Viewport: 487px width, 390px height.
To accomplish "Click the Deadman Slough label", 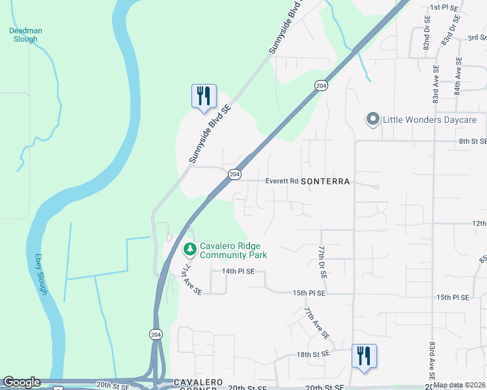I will [24, 34].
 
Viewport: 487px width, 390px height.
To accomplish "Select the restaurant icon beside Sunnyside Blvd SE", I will [203, 96].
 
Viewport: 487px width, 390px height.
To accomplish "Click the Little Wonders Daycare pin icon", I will [372, 120].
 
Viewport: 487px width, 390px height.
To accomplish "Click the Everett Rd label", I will [281, 181].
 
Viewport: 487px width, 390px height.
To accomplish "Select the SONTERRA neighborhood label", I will [326, 181].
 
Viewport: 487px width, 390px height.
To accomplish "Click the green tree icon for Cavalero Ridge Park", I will [189, 249].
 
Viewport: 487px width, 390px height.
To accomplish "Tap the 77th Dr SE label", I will [322, 263].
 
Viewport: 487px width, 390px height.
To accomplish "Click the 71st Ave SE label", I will [192, 279].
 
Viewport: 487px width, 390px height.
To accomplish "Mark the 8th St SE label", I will [473, 141].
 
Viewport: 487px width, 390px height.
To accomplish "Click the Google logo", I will [21, 382].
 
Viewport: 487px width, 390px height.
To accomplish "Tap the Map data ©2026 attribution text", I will [459, 385].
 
